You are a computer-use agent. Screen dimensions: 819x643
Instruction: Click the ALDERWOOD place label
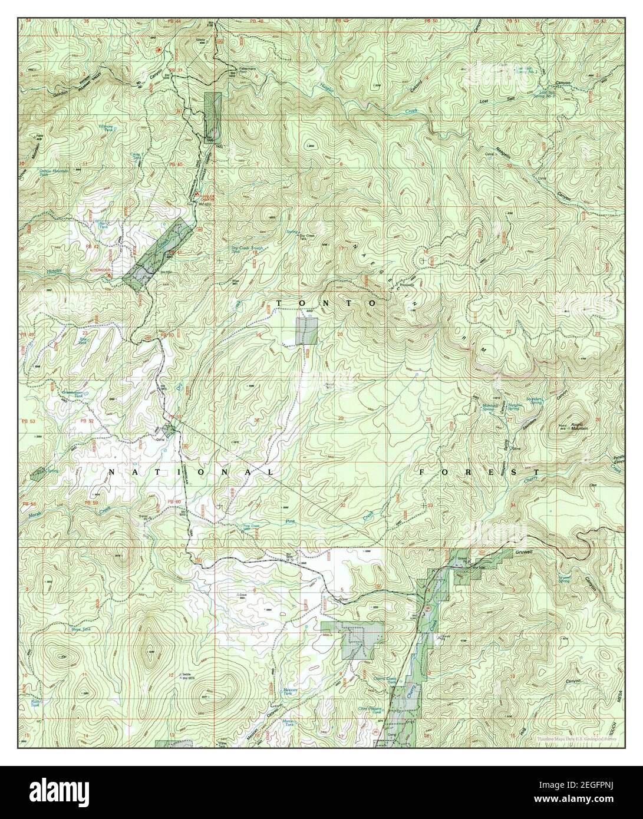[x=100, y=271]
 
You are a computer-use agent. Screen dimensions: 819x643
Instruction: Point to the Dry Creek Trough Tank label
[x=246, y=249]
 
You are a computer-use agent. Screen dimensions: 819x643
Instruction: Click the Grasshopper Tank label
[x=73, y=392]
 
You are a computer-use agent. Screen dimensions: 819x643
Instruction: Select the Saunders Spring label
[x=535, y=400]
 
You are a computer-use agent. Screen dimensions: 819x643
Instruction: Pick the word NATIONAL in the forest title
[x=191, y=473]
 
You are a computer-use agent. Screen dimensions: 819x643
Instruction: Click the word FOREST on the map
[x=479, y=473]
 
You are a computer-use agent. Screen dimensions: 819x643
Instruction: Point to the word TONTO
[x=327, y=303]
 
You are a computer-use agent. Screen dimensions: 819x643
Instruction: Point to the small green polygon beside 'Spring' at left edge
[x=38, y=472]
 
